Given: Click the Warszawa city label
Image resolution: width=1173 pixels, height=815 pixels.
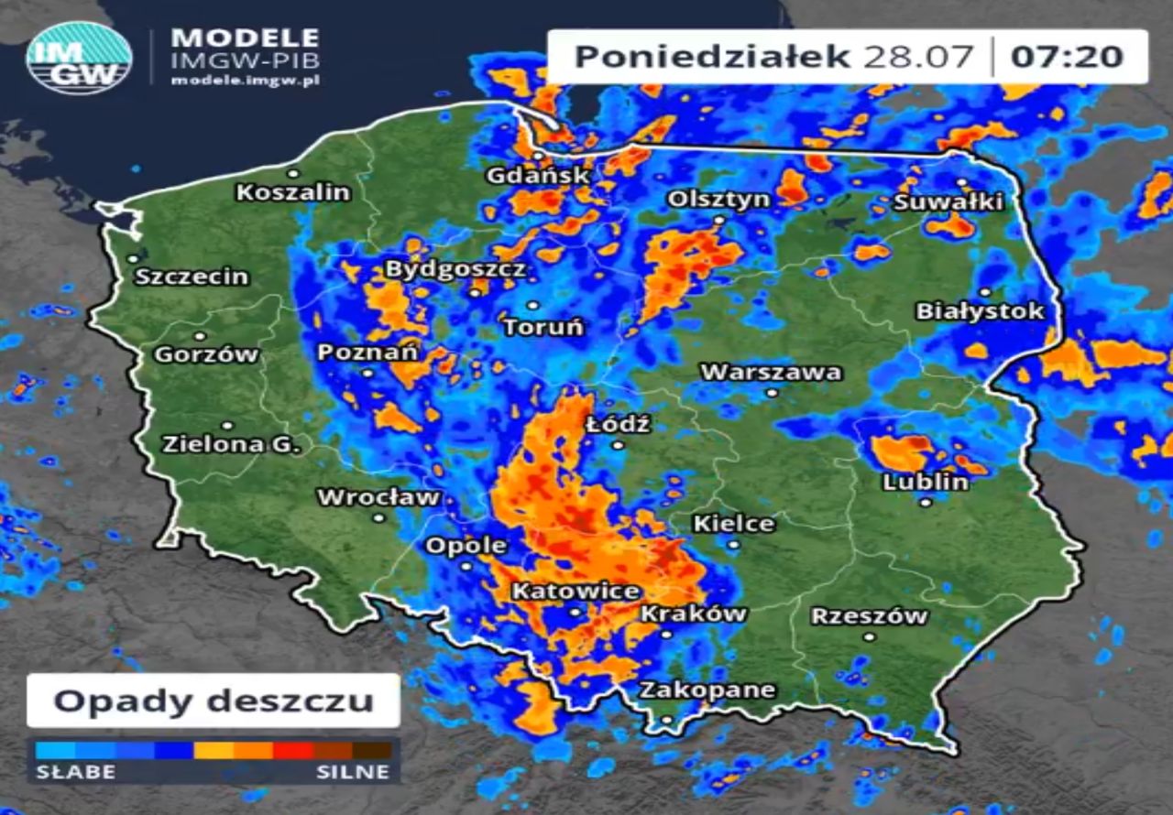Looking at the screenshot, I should point(771,372).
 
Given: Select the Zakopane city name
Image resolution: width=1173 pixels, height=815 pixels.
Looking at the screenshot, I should point(707,690).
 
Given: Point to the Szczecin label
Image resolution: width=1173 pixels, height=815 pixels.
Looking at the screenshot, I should point(192,276).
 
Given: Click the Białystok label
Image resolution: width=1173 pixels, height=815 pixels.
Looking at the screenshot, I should point(980,311).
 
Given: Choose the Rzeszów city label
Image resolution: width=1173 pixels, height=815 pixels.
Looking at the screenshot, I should point(869,616).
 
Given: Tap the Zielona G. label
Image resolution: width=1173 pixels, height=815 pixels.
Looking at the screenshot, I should point(231,445).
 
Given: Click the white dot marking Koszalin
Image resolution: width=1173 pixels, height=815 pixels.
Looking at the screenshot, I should point(293,173).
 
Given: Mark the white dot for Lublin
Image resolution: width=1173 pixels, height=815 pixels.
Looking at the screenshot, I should point(926,502).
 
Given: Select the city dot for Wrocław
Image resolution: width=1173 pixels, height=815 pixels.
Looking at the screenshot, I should point(378,517).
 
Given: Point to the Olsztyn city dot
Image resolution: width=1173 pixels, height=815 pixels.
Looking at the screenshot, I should point(719,220).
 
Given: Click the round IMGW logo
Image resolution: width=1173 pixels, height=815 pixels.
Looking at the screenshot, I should point(79,58).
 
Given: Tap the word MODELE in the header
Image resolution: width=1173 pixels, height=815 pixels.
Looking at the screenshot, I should point(245,38).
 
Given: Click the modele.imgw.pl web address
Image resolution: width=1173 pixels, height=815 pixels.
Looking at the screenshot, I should point(245,81).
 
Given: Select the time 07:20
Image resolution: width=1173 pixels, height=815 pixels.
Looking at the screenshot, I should point(1067,57).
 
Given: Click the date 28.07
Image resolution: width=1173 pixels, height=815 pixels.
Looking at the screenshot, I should point(917,57).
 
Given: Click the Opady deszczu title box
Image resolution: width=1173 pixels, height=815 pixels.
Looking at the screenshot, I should point(214,701).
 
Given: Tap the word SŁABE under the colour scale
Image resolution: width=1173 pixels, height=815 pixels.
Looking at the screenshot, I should point(75,772).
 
